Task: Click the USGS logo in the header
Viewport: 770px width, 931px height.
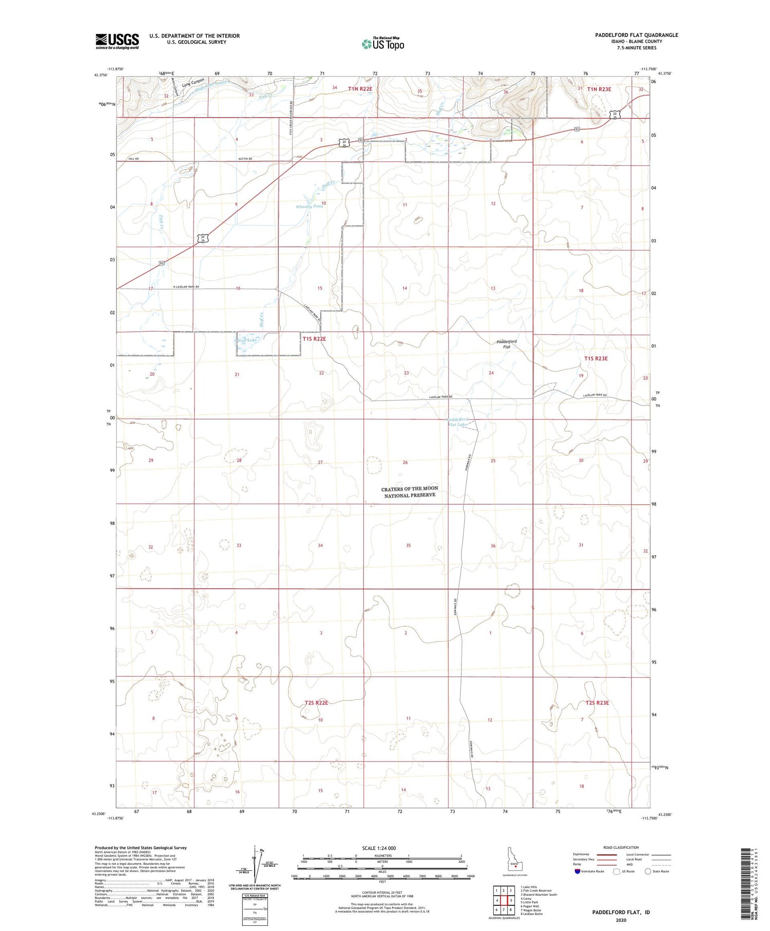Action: point(117,41)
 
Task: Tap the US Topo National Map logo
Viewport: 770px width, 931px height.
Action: point(383,44)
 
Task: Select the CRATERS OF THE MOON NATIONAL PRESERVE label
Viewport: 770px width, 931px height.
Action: point(409,492)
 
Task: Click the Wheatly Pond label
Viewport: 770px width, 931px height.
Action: point(310,206)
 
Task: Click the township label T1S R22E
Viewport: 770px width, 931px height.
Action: point(314,339)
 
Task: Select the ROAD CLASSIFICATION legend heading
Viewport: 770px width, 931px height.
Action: point(621,847)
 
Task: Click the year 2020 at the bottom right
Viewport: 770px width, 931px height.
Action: point(621,920)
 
